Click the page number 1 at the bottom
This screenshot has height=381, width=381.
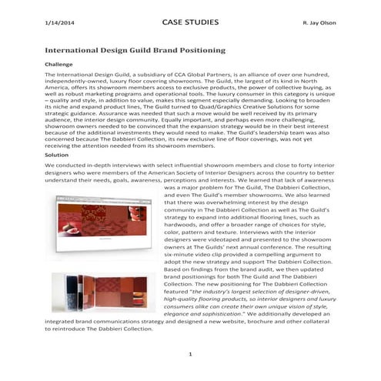189,354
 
